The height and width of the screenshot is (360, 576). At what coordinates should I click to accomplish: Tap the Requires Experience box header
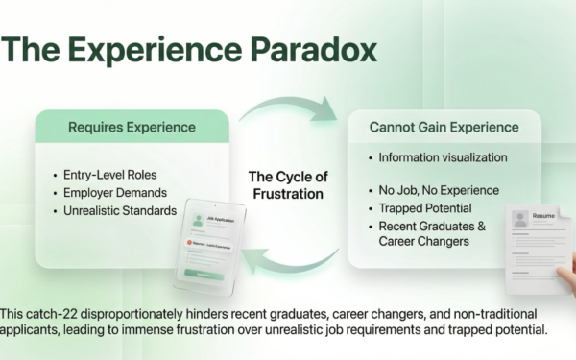[x=132, y=126]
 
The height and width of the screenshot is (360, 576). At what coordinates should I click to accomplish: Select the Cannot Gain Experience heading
[x=443, y=126]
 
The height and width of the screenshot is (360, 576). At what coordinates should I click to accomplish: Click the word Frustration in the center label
[x=287, y=193]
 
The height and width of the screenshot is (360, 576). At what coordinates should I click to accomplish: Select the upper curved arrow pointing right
[x=288, y=103]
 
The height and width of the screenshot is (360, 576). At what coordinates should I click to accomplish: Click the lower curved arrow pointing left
[x=288, y=259]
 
